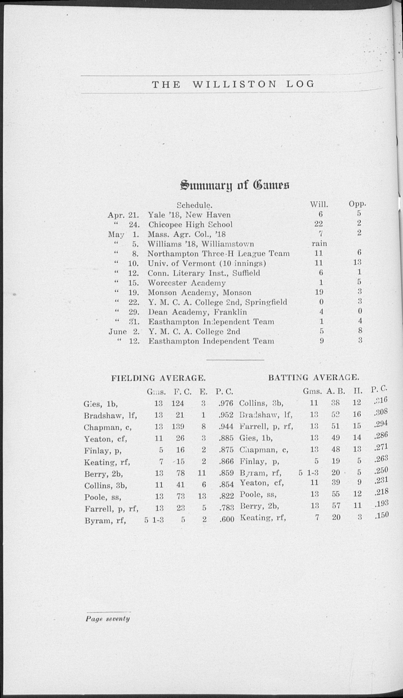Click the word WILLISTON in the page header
[234, 84]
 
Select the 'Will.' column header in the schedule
[319, 205]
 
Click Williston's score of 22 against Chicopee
[318, 224]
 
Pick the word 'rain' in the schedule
[319, 243]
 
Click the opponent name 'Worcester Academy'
[187, 283]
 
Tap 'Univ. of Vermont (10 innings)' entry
[207, 263]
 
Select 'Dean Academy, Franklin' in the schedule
[197, 312]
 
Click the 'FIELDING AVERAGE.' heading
[158, 378]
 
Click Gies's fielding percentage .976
[226, 403]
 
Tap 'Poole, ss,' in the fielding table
[103, 497]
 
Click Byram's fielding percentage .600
[226, 520]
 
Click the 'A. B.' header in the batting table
[336, 391]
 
